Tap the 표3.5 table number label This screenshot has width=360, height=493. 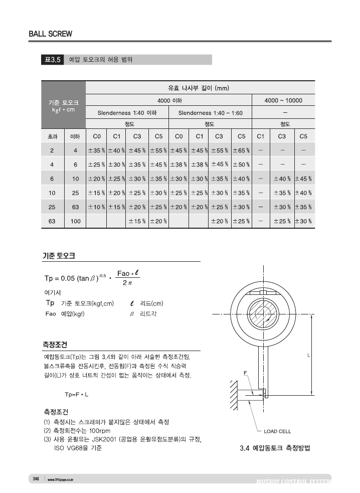coord(52,60)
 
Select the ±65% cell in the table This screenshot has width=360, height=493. coord(241,150)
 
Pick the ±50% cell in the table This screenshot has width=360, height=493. coord(241,164)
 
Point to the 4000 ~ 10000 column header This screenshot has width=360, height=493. coord(283,100)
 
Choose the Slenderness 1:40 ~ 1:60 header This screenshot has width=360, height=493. coord(210,113)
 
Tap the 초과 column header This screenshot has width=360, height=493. coord(52,136)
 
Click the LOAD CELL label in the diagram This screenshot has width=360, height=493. coord(277,431)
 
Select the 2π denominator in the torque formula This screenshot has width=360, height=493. coord(127,283)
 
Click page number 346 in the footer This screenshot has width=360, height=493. coord(36,479)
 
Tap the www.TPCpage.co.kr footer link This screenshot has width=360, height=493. coord(60,479)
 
